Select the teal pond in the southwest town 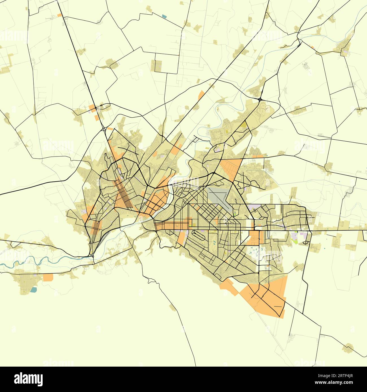click(x=33, y=289)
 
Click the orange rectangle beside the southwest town click(x=48, y=277)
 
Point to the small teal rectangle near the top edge click(x=164, y=16)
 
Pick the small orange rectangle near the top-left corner click(x=59, y=15)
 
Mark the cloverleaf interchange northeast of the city click(x=259, y=99)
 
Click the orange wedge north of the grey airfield click(x=231, y=168)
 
